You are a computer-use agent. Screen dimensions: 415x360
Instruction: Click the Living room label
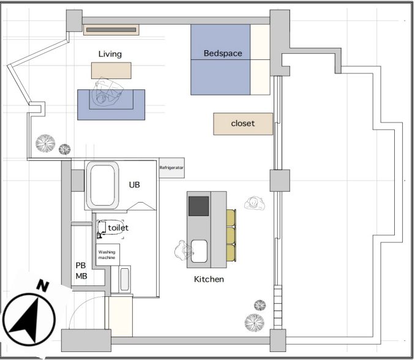(x=110, y=54)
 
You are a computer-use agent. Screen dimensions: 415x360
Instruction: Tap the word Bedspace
(x=223, y=53)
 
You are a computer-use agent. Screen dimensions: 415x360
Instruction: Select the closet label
(x=243, y=123)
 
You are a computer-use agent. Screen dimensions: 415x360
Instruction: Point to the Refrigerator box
(x=172, y=168)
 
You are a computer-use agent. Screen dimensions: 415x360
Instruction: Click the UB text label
(x=135, y=185)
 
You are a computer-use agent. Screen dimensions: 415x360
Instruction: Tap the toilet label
(x=118, y=228)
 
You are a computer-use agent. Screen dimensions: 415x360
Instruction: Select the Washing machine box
(x=108, y=255)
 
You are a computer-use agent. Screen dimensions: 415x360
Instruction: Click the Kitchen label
(x=209, y=279)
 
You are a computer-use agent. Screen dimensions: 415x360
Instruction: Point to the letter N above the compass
(x=43, y=285)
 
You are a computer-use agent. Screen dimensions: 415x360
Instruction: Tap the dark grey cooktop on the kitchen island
(x=198, y=206)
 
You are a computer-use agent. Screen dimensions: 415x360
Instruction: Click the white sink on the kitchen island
(x=199, y=251)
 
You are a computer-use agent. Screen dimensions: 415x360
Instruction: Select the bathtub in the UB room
(x=102, y=185)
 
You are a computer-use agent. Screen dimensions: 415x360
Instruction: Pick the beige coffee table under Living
(x=111, y=70)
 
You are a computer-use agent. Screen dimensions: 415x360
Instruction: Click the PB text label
(x=81, y=265)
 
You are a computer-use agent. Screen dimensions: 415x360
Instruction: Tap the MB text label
(x=81, y=276)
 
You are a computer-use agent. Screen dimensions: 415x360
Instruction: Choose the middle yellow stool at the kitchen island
(x=231, y=235)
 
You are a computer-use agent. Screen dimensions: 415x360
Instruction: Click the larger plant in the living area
(x=45, y=143)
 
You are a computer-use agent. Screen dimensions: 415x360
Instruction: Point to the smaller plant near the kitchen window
(x=260, y=306)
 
